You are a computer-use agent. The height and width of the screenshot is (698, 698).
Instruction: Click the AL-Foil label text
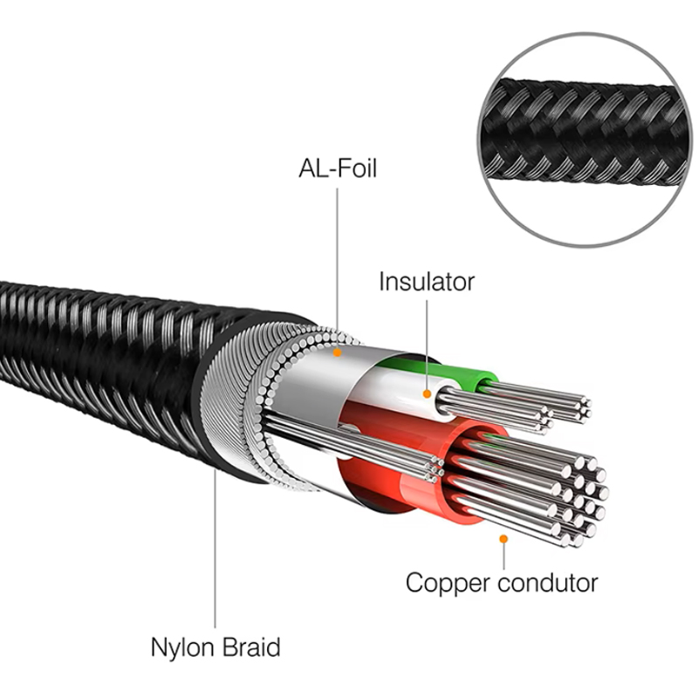338,168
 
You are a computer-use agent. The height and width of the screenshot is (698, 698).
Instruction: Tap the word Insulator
427,282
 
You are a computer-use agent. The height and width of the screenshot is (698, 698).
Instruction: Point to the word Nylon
183,648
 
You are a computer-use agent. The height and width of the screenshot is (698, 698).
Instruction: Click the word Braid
251,647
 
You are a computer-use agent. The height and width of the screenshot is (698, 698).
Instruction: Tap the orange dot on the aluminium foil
338,352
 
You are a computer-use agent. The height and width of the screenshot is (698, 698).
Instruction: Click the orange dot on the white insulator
427,393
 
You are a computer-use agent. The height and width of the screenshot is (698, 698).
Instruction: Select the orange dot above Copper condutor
503,539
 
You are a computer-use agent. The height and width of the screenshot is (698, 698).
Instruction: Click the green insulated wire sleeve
445,370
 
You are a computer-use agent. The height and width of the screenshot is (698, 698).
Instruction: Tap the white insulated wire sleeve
400,392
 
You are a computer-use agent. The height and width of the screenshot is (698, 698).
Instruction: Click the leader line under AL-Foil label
337,268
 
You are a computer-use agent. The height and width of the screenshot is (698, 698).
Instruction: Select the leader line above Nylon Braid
215,549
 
